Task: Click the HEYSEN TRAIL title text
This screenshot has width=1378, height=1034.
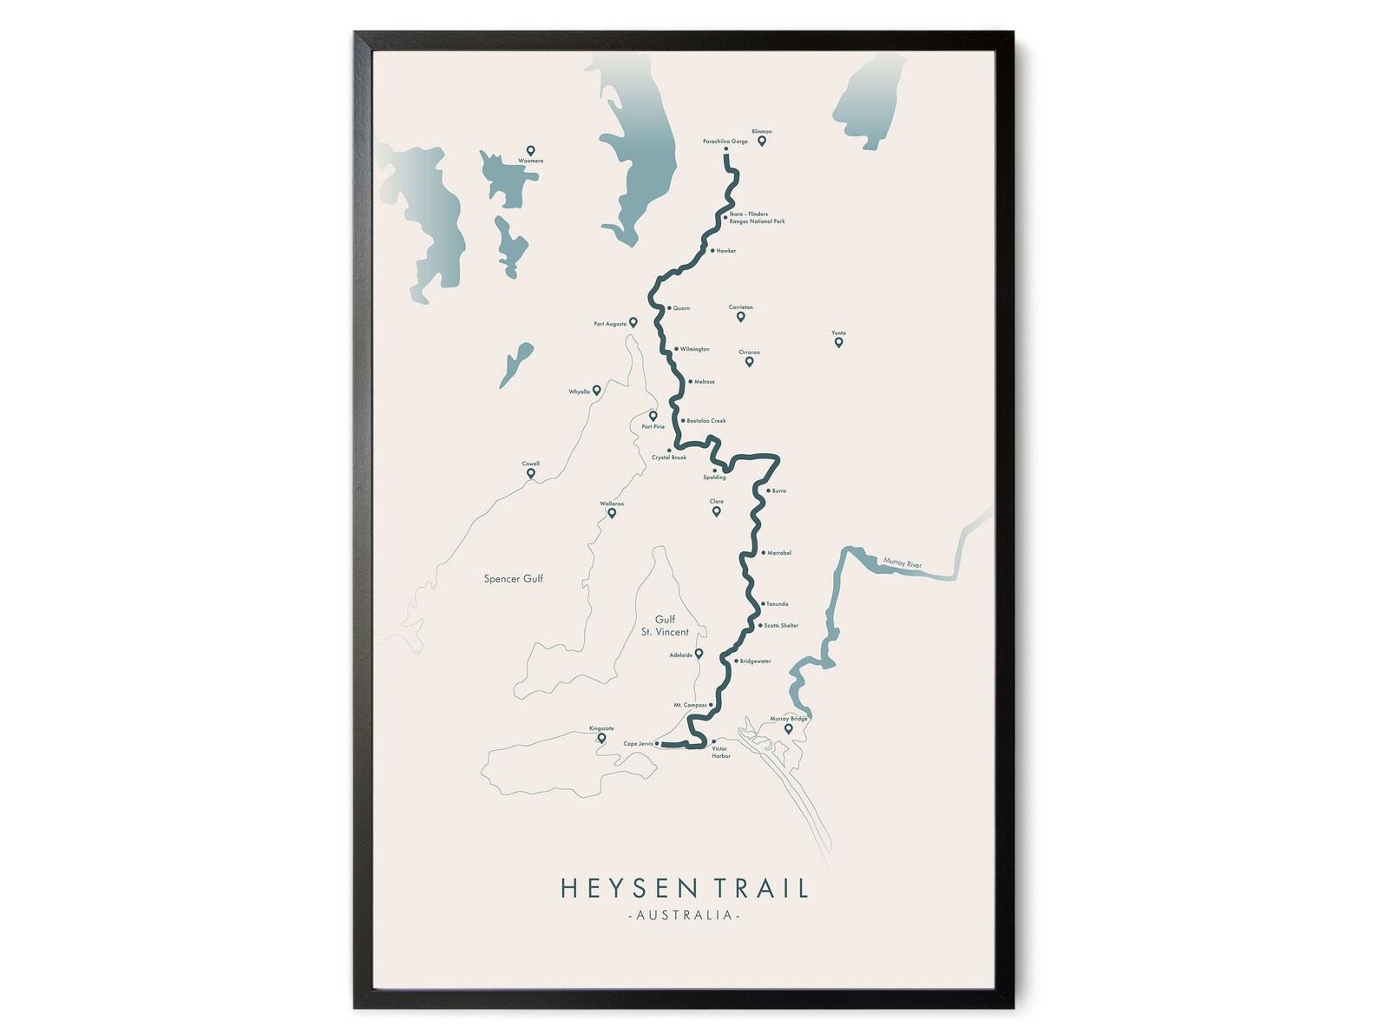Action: tap(685, 888)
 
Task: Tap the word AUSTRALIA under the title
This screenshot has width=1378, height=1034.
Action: tap(685, 915)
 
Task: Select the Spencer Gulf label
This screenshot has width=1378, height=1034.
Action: tap(514, 578)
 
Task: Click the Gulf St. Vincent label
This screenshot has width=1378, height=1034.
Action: tap(665, 625)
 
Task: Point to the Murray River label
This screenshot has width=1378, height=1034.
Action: tap(902, 563)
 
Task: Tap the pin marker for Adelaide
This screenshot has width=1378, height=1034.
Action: tap(699, 654)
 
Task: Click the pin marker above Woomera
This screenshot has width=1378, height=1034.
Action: tap(530, 150)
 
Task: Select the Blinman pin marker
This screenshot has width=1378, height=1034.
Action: tap(762, 141)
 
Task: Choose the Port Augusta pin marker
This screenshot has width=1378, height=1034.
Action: tap(633, 322)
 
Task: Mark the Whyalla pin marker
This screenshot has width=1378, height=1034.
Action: tap(596, 390)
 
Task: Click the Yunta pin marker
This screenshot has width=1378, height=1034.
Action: tap(838, 342)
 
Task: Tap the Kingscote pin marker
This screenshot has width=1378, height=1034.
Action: tap(601, 738)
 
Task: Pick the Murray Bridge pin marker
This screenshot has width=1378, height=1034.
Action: tap(788, 728)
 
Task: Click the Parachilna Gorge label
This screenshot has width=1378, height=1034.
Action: tap(725, 142)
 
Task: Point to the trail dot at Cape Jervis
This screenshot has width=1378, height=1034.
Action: tap(658, 744)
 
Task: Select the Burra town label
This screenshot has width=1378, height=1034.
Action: tap(778, 491)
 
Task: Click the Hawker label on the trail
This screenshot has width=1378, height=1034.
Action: tap(725, 251)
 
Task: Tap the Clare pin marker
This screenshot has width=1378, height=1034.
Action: tap(717, 511)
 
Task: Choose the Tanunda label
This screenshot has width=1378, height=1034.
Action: tap(778, 603)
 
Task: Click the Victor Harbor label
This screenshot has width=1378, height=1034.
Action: tap(721, 752)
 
